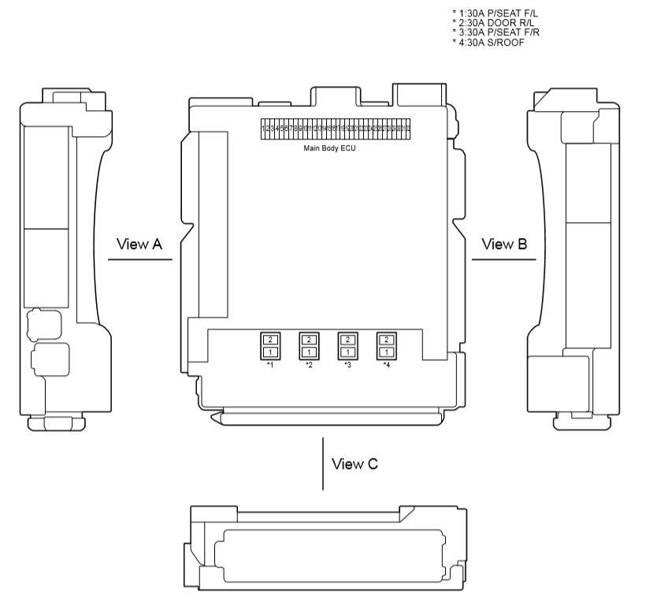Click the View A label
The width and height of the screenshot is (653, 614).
139,244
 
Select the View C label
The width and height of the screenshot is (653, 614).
354,463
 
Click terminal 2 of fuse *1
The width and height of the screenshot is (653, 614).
270,339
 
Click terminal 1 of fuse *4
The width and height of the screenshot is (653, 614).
386,352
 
